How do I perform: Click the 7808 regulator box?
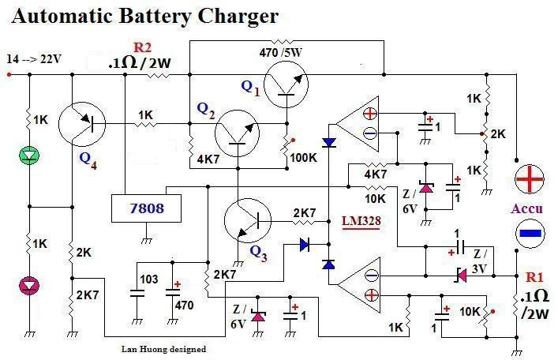click(x=148, y=209)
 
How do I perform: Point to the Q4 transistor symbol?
click(x=84, y=125)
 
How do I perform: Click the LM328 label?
click(x=361, y=222)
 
